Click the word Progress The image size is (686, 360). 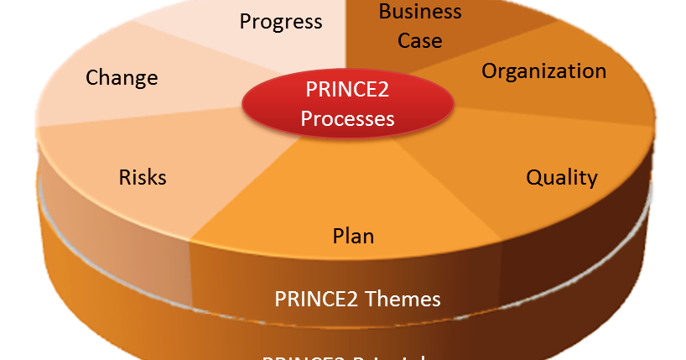click(x=281, y=21)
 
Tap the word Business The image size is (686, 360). click(x=420, y=12)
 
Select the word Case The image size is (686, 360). click(x=420, y=39)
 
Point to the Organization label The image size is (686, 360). click(x=543, y=71)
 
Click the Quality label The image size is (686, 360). click(x=561, y=178)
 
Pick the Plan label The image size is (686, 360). click(x=353, y=236)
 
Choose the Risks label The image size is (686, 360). click(x=143, y=178)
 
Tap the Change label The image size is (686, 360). click(x=122, y=78)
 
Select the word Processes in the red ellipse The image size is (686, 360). click(x=347, y=119)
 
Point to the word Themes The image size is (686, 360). click(x=404, y=299)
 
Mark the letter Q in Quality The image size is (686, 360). click(x=534, y=178)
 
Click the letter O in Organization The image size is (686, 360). click(x=490, y=70)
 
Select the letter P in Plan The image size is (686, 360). click(x=339, y=236)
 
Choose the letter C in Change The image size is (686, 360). click(x=92, y=78)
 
